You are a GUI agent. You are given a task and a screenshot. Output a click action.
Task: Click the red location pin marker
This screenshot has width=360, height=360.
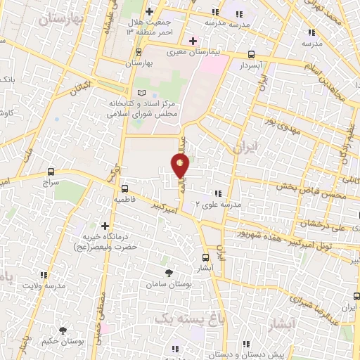(x=181, y=165)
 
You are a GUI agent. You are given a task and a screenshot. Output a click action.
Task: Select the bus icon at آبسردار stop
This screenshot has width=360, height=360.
(x=252, y=54)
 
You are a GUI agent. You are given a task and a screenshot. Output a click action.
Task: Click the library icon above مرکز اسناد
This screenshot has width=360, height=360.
(x=143, y=93)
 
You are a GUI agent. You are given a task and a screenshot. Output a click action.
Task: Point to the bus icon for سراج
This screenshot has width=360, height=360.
(x=51, y=172)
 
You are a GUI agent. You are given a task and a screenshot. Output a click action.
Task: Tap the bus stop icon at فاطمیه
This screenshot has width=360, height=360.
(x=124, y=188)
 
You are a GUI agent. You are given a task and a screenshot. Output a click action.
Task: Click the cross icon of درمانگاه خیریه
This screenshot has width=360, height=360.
(x=105, y=226)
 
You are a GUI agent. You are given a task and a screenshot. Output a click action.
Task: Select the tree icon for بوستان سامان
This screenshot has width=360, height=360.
(x=167, y=273)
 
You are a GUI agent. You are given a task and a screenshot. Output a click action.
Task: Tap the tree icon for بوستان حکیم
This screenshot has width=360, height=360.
(x=63, y=330)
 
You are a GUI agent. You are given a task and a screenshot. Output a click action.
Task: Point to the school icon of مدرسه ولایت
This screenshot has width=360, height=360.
(x=44, y=276)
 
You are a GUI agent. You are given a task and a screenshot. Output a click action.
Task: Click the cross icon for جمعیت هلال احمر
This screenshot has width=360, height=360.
(x=150, y=12)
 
